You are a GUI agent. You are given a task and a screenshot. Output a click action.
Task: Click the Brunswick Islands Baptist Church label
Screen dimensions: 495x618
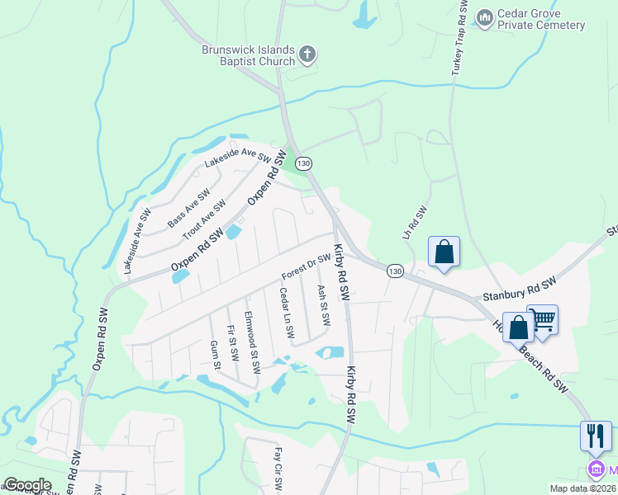pyautogui.click(x=249, y=55)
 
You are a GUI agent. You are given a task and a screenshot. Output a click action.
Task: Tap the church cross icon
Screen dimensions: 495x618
pyautogui.click(x=307, y=55)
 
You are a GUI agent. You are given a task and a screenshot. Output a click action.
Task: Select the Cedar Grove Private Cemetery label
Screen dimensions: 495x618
pyautogui.click(x=541, y=20)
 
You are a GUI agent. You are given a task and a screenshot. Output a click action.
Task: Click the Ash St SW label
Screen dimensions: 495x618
pyautogui.click(x=324, y=304)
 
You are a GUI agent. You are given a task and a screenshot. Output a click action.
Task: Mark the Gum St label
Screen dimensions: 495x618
pyautogui.click(x=216, y=354)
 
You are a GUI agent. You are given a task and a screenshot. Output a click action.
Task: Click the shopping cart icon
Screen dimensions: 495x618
pyautogui.click(x=543, y=318)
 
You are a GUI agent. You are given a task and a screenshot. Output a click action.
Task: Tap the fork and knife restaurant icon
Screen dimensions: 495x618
pyautogui.click(x=596, y=434)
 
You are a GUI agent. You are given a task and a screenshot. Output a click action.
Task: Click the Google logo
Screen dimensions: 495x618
pyautogui.click(x=27, y=485)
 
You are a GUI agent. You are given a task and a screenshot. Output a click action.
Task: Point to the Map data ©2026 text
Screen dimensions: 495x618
pyautogui.click(x=582, y=488)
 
